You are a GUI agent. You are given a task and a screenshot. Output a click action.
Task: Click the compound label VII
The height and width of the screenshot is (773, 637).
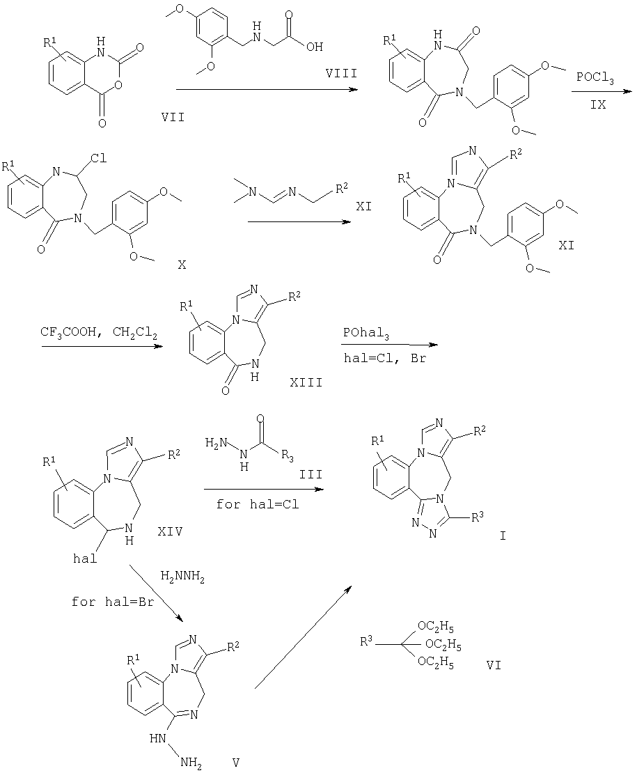173,117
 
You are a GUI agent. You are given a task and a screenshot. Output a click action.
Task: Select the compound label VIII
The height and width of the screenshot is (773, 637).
341,73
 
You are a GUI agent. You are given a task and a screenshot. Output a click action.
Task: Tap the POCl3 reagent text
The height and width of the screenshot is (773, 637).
595,79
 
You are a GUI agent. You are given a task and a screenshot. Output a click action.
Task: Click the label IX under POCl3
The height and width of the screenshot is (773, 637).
598,104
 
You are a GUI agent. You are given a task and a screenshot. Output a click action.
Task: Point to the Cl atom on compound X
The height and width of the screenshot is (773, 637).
99,159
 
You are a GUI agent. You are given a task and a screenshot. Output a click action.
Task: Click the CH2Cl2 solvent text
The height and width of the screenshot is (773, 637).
135,334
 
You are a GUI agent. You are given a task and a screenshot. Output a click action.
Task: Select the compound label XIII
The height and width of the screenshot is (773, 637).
306,382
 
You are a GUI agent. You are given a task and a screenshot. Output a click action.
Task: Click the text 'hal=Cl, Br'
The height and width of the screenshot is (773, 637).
384,359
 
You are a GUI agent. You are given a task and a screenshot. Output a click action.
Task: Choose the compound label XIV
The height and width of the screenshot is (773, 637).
170,531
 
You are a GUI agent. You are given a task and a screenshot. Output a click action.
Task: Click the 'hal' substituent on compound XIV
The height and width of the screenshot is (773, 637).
85,559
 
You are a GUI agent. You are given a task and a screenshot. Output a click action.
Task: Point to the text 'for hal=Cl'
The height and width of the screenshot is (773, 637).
257,504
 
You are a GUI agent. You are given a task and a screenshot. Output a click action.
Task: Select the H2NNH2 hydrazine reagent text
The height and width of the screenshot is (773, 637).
182,577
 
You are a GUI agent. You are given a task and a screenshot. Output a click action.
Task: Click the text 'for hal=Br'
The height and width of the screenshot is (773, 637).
112,602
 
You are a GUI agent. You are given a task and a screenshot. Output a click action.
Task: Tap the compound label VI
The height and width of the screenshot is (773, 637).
493,665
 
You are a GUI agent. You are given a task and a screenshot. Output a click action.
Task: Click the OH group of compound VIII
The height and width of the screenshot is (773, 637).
314,47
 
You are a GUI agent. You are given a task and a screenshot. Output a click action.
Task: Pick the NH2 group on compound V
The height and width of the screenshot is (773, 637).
191,762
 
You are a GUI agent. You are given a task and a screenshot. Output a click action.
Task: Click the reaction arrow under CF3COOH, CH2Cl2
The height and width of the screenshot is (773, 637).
102,347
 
